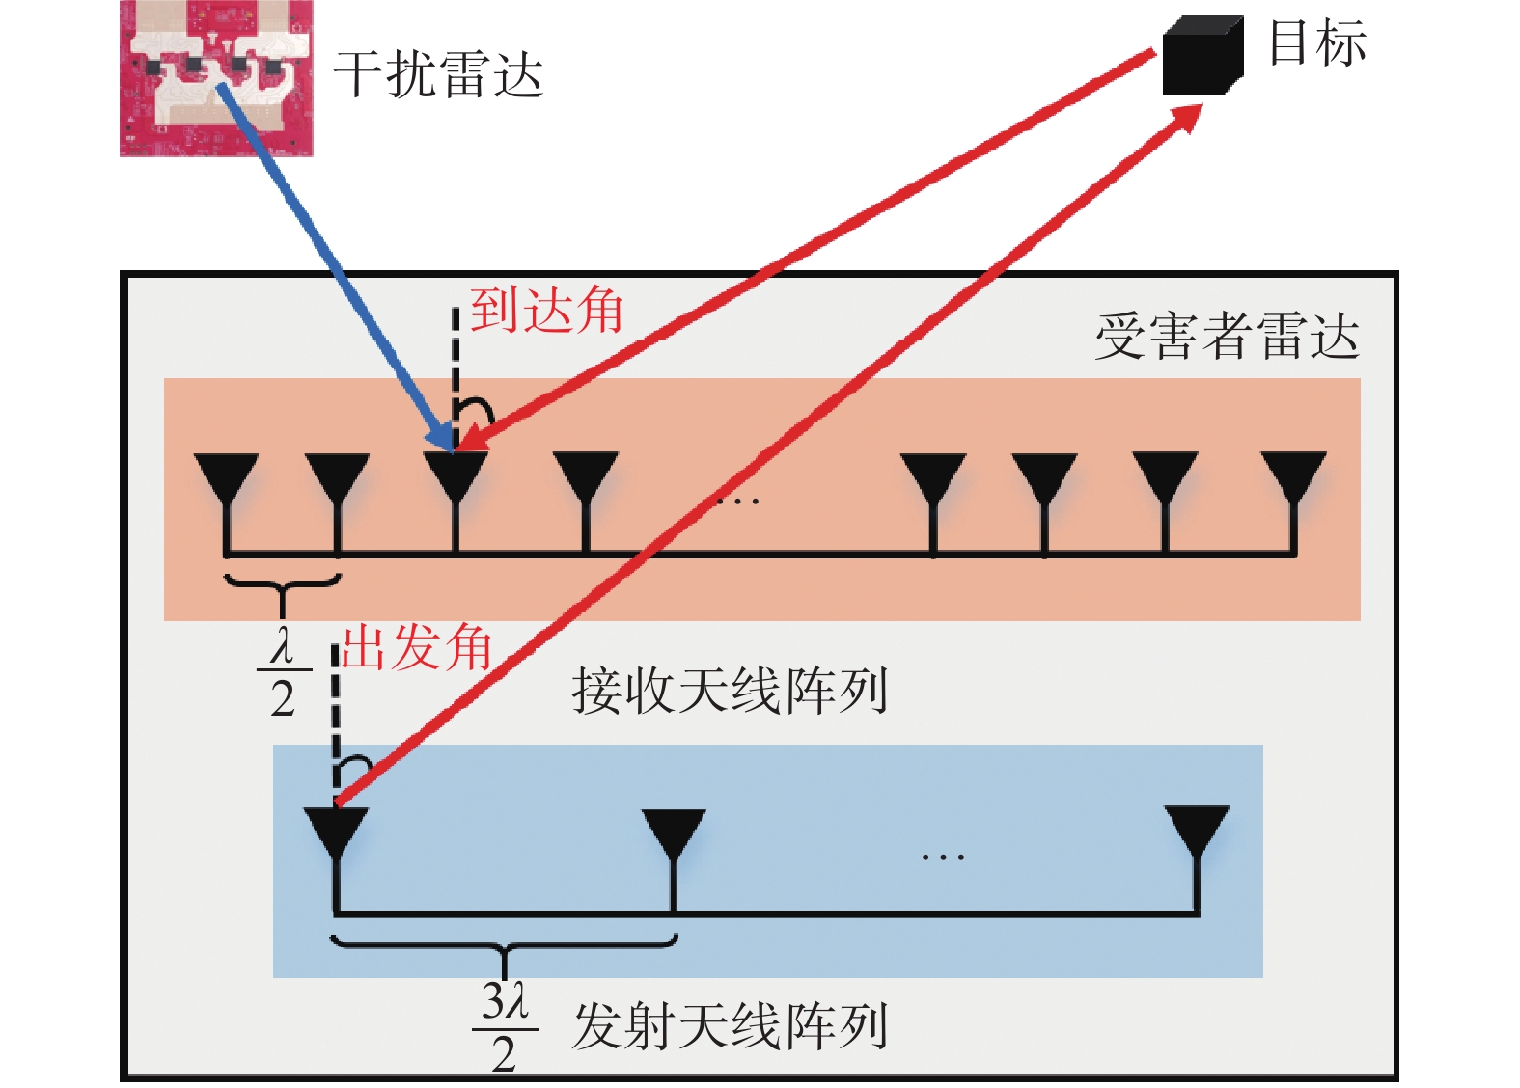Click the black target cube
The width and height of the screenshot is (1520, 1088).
[x=1202, y=55]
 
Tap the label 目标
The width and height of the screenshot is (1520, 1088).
[x=1317, y=42]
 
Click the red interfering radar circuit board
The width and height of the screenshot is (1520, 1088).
[x=216, y=78]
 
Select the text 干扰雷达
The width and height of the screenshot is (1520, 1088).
[x=438, y=74]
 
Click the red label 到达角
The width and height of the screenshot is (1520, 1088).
[x=546, y=310]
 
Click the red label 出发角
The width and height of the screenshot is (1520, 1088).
[x=416, y=648]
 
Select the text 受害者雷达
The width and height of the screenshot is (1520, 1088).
[x=1227, y=336]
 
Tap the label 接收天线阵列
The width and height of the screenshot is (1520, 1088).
[x=730, y=691]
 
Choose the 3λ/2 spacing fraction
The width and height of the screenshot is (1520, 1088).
[x=505, y=1026]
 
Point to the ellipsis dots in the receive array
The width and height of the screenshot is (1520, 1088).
[x=738, y=502]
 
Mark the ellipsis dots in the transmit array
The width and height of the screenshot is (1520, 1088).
[x=943, y=857]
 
